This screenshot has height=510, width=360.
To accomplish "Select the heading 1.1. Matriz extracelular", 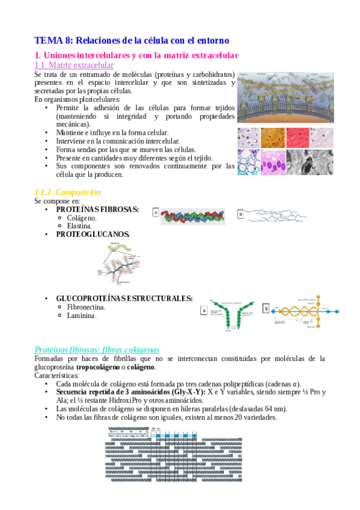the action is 74,65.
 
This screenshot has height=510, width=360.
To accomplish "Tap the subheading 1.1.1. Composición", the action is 67,192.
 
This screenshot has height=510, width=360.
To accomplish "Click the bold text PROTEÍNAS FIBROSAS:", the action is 97,209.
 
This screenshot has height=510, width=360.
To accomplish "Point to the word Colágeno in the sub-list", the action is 82,218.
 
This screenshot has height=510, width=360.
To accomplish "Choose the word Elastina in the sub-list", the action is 79,226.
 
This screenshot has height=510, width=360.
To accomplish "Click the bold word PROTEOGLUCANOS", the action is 93,234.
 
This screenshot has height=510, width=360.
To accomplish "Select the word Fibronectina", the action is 86,307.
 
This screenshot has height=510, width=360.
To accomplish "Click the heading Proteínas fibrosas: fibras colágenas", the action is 97,349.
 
